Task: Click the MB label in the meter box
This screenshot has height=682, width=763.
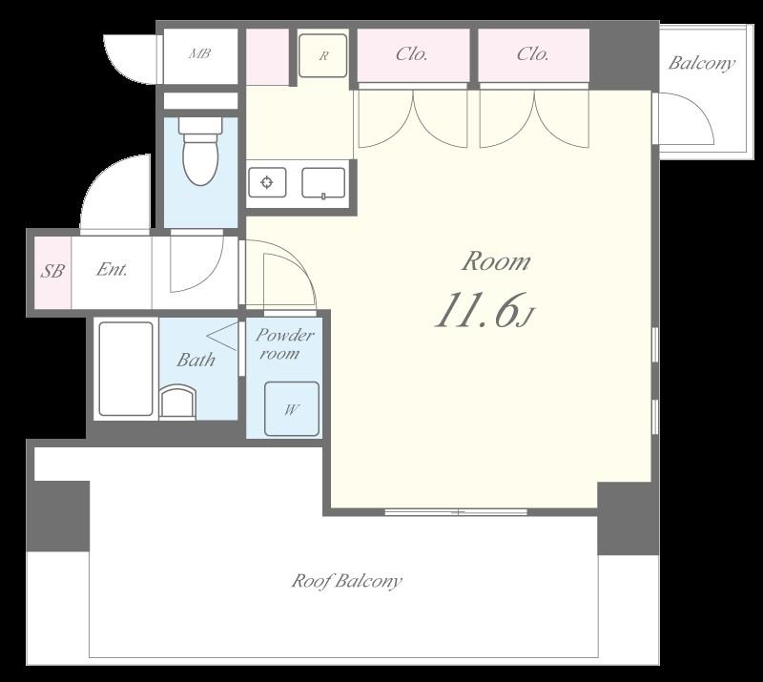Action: tap(199, 53)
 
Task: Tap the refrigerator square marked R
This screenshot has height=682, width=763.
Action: tap(322, 55)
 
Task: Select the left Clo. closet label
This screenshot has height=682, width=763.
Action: tap(412, 54)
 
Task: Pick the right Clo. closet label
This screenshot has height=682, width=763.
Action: tap(533, 54)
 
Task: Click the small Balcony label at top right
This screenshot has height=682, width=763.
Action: tap(701, 63)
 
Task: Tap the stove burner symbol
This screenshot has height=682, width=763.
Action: tap(267, 182)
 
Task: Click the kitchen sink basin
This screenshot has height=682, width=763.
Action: tap(323, 183)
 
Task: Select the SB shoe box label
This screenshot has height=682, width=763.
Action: tap(52, 271)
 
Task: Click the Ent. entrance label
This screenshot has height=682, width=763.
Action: tap(112, 269)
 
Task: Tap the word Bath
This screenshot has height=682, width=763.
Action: tap(196, 360)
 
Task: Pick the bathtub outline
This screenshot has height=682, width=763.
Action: tap(126, 369)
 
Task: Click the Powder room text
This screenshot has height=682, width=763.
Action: tap(284, 343)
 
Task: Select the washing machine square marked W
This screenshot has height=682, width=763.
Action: tap(292, 409)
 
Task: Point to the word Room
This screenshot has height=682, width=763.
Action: tap(496, 261)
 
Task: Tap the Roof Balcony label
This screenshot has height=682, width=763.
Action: tap(346, 581)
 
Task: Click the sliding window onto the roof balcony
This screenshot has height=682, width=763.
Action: tap(457, 512)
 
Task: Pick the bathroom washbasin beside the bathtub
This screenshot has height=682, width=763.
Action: tap(177, 402)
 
